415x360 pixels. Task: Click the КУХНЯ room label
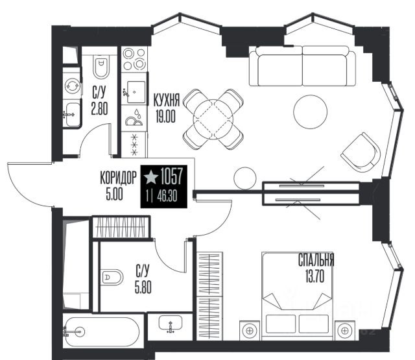pos(166,100)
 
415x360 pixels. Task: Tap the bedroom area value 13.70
pos(314,277)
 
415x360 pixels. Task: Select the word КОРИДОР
pos(118,177)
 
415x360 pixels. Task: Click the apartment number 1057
pos(171,176)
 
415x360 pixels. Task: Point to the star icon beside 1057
pos(151,177)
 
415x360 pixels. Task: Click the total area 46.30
pos(167,197)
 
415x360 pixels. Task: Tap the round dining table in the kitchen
pos(213,119)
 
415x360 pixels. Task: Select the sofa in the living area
pos(303,66)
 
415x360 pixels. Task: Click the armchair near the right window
pos(361,152)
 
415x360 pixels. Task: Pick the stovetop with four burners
pos(134,59)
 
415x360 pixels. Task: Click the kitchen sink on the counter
pos(135,92)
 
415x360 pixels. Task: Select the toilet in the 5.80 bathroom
pos(112,277)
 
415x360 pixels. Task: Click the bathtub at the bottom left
pos(102,332)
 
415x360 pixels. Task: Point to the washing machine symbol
pos(72,86)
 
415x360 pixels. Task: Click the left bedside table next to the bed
pos(249,330)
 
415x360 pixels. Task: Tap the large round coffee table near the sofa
pos(311,112)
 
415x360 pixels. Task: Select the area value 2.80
pos(99,109)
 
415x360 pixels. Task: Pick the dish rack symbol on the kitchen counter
pos(134,117)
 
